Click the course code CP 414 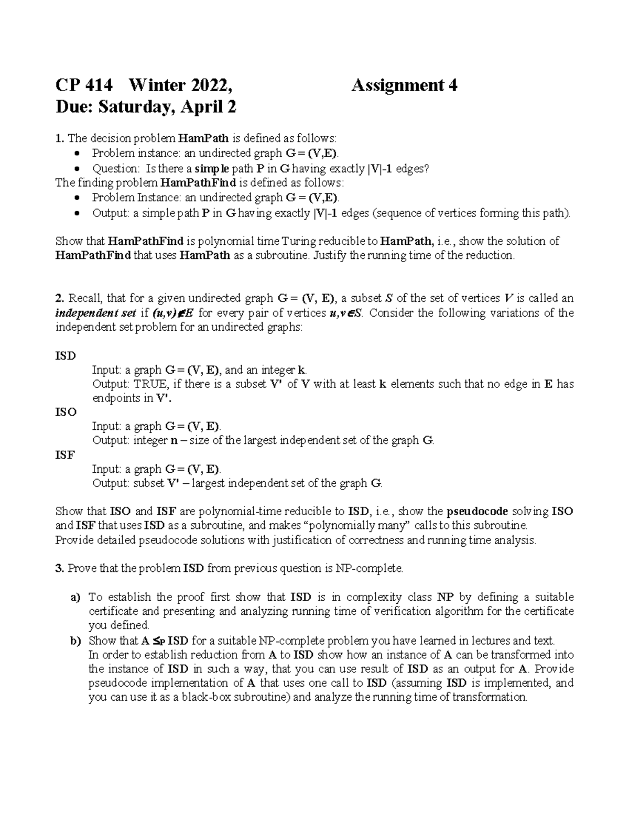coord(84,85)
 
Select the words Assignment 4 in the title coord(404,85)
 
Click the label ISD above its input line coord(66,356)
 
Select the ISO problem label coord(66,412)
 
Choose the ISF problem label coord(65,455)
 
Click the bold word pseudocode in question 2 coord(477,512)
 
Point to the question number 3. coord(59,568)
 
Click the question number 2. coord(59,299)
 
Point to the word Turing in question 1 coord(298,241)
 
